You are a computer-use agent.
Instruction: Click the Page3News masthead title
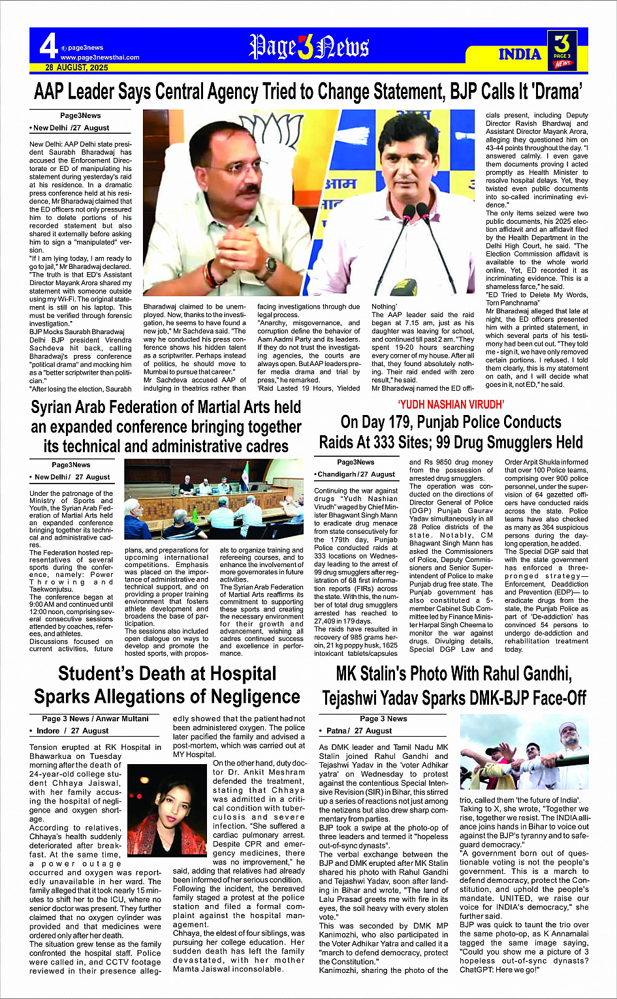[x=309, y=48]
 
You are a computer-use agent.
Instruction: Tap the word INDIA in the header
[x=520, y=54]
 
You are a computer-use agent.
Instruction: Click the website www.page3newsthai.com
[x=99, y=57]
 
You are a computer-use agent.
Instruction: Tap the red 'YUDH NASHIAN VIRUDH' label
[x=451, y=405]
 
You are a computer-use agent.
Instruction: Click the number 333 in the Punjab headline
[x=394, y=442]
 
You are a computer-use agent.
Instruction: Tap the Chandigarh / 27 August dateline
[x=356, y=474]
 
